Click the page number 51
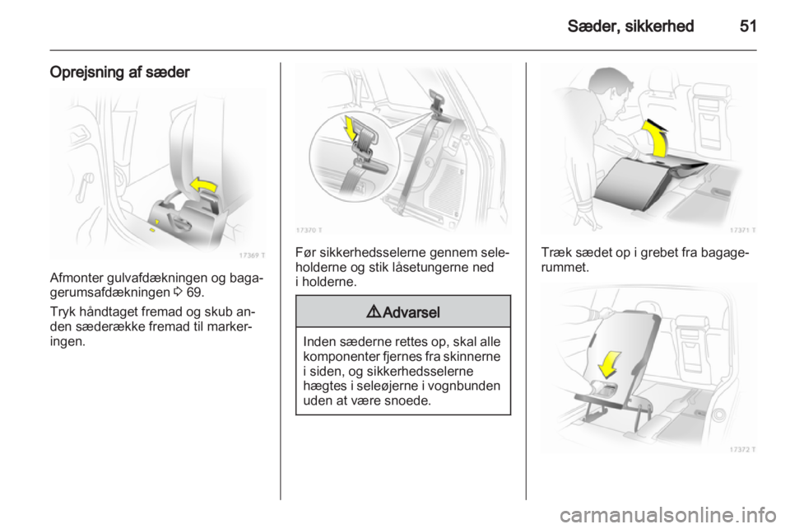point(748,26)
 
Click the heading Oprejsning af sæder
point(119,73)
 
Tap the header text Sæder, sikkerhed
point(630,26)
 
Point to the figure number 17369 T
point(252,255)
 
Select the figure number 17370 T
point(309,230)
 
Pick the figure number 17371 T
point(742,230)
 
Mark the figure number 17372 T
point(742,449)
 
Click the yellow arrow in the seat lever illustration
point(203,185)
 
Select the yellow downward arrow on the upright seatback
point(610,364)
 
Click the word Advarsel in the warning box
point(411,312)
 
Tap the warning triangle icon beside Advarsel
point(374,312)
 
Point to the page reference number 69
point(194,293)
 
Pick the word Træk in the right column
point(555,252)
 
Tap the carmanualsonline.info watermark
point(667,515)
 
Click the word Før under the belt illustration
point(305,252)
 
